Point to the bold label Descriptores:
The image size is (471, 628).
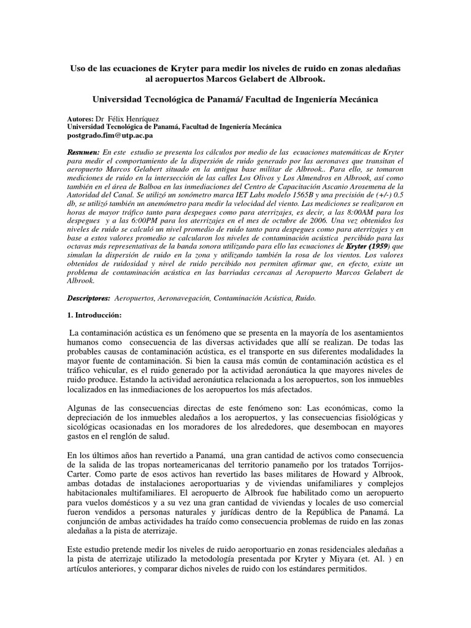[x=88, y=297]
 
